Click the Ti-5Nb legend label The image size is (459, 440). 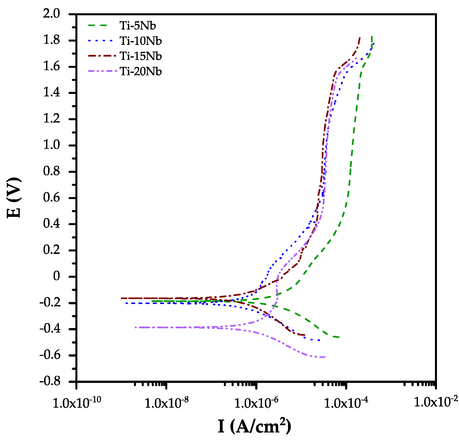pos(137,26)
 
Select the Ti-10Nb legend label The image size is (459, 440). pos(140,41)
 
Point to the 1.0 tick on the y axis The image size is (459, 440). pos(52,145)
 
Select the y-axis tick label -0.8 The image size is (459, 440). pos(50,381)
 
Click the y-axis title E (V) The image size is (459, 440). pos(14,198)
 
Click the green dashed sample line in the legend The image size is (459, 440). pos(98,25)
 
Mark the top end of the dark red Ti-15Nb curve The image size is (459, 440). pos(360,38)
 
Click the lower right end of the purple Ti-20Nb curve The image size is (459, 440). pos(325,357)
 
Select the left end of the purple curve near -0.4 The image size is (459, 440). pos(135,327)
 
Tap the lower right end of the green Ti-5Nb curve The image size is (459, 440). pos(339,337)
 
